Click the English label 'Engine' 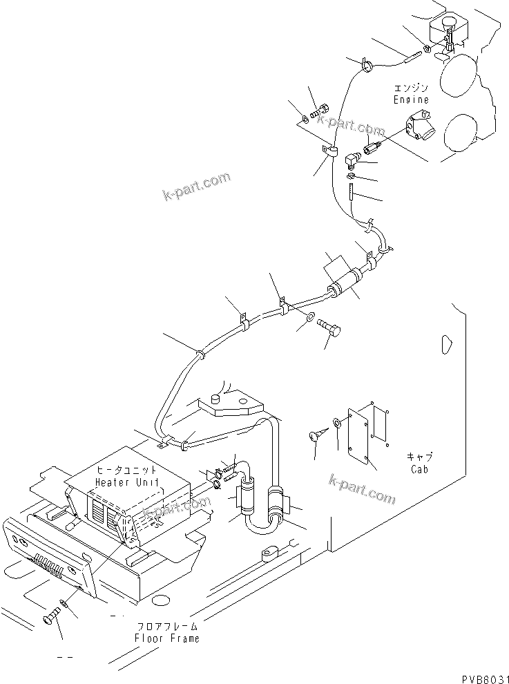point(411,99)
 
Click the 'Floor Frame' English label point(166,638)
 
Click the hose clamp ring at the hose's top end point(365,66)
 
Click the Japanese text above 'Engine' point(411,88)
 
